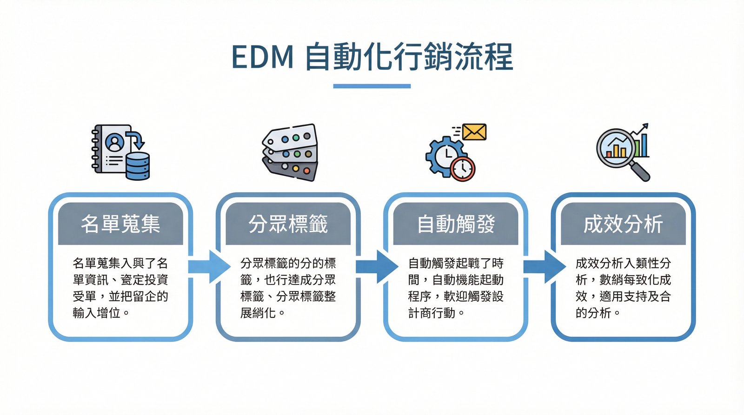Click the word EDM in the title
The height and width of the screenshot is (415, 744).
[x=262, y=58]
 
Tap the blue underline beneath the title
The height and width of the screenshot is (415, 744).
[x=372, y=86]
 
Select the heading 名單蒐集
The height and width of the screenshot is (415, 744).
[x=120, y=224]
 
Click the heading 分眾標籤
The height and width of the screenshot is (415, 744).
[x=288, y=224]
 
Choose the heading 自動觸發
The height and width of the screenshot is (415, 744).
[x=456, y=224]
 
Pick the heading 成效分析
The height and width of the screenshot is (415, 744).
[x=623, y=224]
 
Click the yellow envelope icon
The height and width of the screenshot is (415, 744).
[x=474, y=132]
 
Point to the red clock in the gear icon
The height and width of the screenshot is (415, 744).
[x=463, y=168]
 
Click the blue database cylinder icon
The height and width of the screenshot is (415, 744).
[x=138, y=166]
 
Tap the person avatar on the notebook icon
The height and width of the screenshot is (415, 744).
[x=115, y=142]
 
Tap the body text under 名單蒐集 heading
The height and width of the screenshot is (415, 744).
[x=120, y=288]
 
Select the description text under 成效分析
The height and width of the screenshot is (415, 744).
[x=623, y=288]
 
